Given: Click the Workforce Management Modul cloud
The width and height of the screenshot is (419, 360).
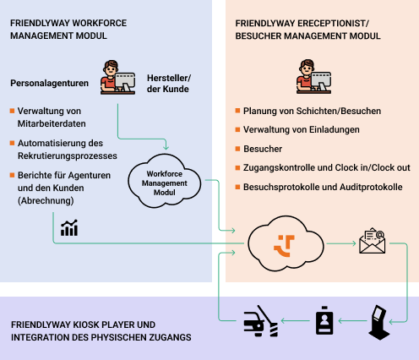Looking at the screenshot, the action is pyautogui.click(x=165, y=181).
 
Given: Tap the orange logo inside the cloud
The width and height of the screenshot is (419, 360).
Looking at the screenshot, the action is pyautogui.click(x=285, y=246).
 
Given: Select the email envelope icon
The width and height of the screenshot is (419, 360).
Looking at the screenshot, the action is pyautogui.click(x=372, y=241).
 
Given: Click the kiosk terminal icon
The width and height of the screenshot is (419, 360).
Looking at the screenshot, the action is pyautogui.click(x=379, y=322).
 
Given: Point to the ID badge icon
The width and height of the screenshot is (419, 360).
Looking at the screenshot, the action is pyautogui.click(x=324, y=320).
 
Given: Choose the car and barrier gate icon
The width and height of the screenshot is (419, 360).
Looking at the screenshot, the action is pyautogui.click(x=261, y=321).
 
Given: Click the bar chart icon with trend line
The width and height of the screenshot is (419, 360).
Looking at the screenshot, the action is pyautogui.click(x=69, y=228).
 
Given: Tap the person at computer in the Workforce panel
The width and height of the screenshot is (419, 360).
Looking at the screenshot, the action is pyautogui.click(x=117, y=77).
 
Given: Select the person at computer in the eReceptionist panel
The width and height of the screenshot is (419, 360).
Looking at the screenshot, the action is pyautogui.click(x=313, y=76).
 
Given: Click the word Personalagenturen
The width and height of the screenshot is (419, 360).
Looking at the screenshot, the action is pyautogui.click(x=50, y=83).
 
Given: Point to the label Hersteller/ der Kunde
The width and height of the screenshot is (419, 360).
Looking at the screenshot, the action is pyautogui.click(x=169, y=84).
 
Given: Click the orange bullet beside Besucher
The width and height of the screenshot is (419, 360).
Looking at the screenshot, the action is pyautogui.click(x=237, y=149).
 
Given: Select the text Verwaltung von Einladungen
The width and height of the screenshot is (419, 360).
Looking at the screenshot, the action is pyautogui.click(x=302, y=129).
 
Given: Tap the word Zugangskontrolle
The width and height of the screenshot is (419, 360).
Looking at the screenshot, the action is pyautogui.click(x=279, y=167).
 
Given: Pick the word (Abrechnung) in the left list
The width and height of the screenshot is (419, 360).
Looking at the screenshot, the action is pyautogui.click(x=46, y=201).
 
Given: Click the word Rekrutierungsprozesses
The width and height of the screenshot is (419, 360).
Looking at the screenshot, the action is pyautogui.click(x=68, y=155).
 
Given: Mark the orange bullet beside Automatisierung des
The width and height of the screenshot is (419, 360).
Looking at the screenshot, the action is pyautogui.click(x=12, y=143).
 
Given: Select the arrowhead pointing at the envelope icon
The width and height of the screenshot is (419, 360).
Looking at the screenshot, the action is pyautogui.click(x=354, y=243).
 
